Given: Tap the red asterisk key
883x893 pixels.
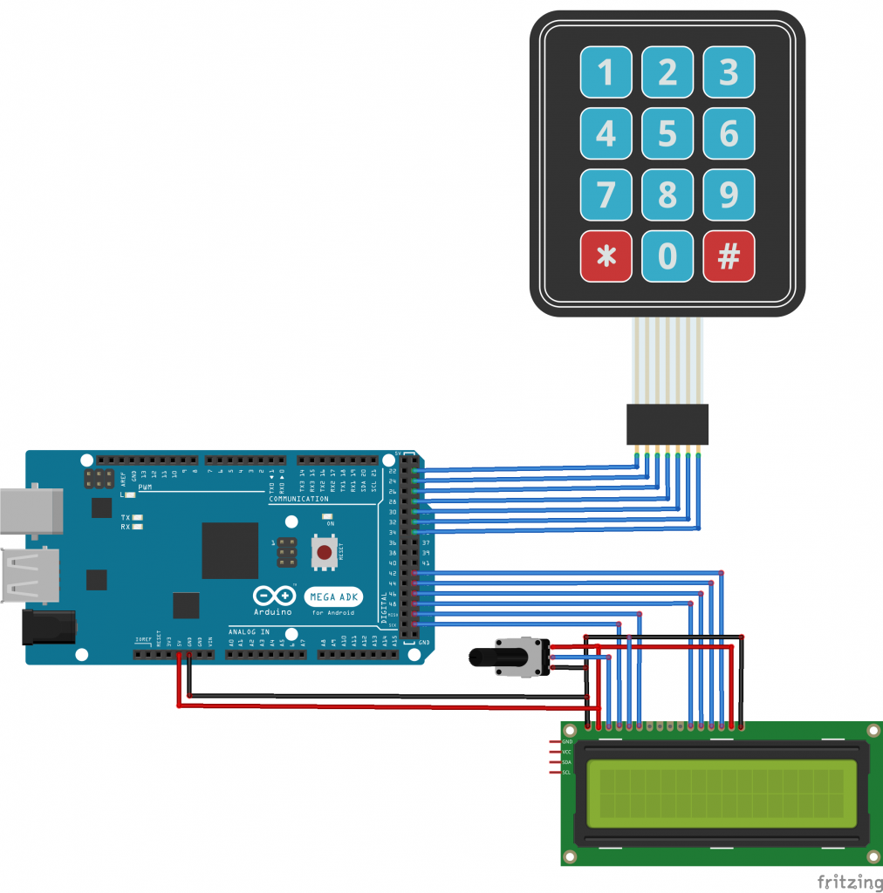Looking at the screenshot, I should [x=606, y=256].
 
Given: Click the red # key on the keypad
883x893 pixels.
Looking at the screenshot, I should [x=729, y=256].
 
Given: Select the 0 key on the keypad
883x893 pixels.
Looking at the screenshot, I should [x=667, y=256].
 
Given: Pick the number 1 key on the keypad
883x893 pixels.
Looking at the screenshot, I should [x=606, y=72].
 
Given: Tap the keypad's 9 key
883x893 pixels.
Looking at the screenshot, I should [x=729, y=194].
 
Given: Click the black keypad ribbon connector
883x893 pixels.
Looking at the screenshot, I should [x=667, y=425].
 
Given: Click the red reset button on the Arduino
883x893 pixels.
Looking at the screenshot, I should [x=325, y=552].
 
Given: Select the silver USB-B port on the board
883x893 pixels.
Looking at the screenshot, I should [x=31, y=510].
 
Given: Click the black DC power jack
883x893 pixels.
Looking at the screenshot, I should [x=48, y=627].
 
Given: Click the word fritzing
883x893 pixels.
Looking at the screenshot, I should [x=849, y=880].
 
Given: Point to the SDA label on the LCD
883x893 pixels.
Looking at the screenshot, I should [x=566, y=762].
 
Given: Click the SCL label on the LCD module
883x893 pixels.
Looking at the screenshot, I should [x=566, y=773].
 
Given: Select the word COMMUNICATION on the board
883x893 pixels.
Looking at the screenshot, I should [x=298, y=499].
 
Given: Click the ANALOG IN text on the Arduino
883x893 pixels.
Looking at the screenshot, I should [x=249, y=631].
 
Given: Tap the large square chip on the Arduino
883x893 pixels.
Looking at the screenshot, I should [x=230, y=550].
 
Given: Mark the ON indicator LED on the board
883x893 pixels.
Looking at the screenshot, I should [x=327, y=516].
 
